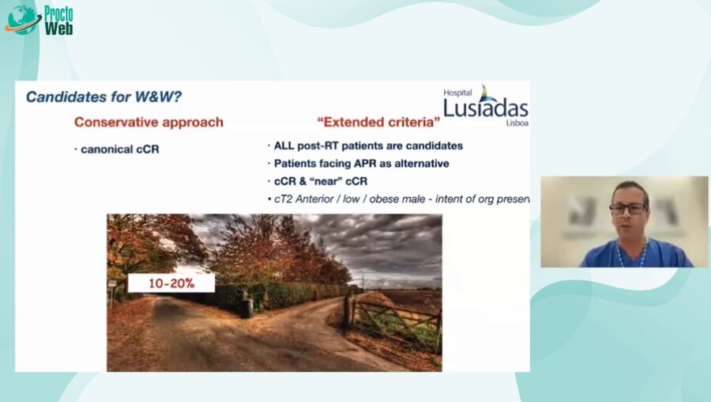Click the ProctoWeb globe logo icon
point(22,19)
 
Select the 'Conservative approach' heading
point(149,122)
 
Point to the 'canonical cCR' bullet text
point(119,149)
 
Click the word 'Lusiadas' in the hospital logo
point(484,108)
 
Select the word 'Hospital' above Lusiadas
point(457,93)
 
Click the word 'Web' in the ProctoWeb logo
point(58,28)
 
